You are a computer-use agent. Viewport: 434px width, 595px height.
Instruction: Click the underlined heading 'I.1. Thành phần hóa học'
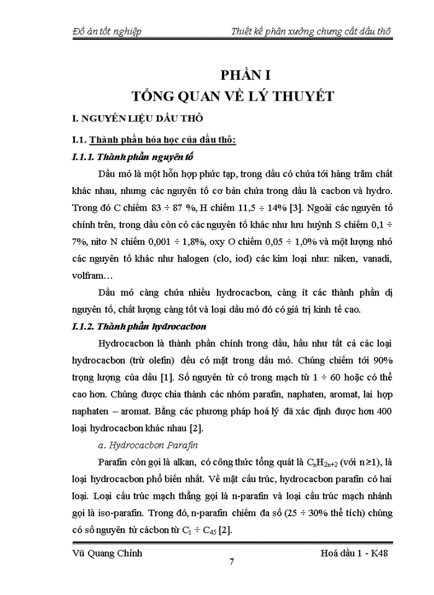[154, 140]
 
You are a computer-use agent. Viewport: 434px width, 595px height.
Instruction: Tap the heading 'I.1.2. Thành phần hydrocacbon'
[139, 326]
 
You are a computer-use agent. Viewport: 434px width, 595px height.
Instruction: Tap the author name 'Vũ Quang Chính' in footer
[104, 553]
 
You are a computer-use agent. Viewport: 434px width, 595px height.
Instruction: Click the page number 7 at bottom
[231, 563]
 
